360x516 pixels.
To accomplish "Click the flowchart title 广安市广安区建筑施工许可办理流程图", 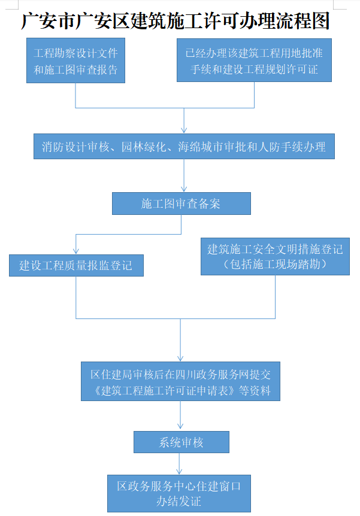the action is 176,21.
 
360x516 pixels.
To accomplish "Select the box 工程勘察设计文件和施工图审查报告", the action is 75,60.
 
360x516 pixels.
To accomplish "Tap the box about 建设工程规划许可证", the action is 254,60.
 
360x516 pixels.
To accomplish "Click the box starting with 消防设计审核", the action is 184,147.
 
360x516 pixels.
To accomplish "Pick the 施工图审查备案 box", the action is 181,204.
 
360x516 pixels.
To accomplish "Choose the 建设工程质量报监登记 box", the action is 77,265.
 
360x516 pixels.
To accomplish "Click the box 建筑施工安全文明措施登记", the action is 276,256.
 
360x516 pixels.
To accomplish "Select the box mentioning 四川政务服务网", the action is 180,381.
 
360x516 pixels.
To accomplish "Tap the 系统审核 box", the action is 181,442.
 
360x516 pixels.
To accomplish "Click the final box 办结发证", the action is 179,493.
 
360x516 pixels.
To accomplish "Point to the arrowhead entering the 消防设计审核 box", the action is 184,130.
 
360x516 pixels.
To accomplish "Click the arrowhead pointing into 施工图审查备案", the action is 184,189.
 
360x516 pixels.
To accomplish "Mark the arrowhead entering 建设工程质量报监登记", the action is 76,251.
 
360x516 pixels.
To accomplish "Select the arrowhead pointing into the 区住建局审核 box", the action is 180,359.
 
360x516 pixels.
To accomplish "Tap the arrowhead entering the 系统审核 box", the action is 180,427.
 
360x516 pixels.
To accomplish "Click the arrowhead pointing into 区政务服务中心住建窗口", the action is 179,471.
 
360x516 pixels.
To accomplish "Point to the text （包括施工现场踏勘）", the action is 276,264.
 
